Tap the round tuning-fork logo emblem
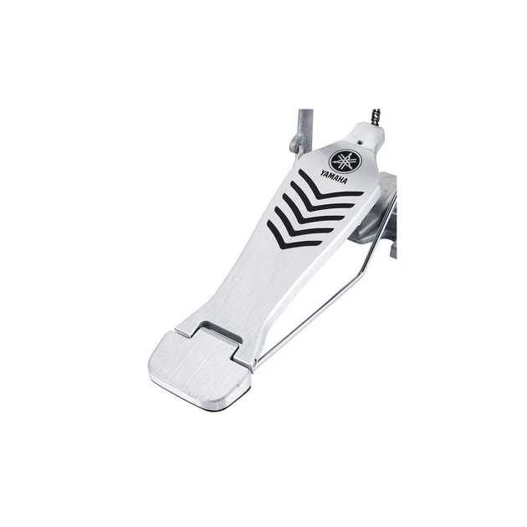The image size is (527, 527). tap(342, 160)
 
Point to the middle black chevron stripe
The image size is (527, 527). tap(310, 212)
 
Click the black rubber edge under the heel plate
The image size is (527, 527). tap(209, 402)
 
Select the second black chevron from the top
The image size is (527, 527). tap(320, 200)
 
